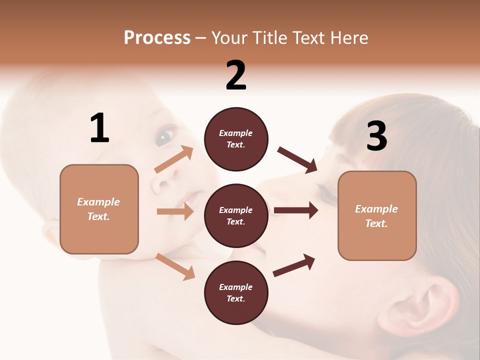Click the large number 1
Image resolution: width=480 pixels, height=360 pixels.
(x=99, y=128)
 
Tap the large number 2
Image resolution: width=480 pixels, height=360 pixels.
(x=236, y=75)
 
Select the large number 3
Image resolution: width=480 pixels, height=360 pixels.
(x=376, y=136)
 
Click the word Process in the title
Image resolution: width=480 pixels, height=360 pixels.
(x=157, y=37)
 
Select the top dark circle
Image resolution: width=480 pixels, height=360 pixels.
(x=236, y=139)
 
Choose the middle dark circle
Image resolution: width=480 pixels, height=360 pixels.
(x=236, y=215)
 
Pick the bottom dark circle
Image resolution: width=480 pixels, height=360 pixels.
(x=236, y=292)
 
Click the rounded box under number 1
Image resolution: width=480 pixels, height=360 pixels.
(x=99, y=209)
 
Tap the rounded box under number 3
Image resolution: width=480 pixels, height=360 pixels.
(x=377, y=215)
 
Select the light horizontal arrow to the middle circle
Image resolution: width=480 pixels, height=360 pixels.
(x=175, y=211)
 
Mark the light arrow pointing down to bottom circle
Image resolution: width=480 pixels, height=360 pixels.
(x=175, y=266)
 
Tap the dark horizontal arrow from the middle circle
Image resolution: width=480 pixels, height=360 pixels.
(x=295, y=210)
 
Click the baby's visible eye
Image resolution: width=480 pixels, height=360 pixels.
(x=165, y=136)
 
